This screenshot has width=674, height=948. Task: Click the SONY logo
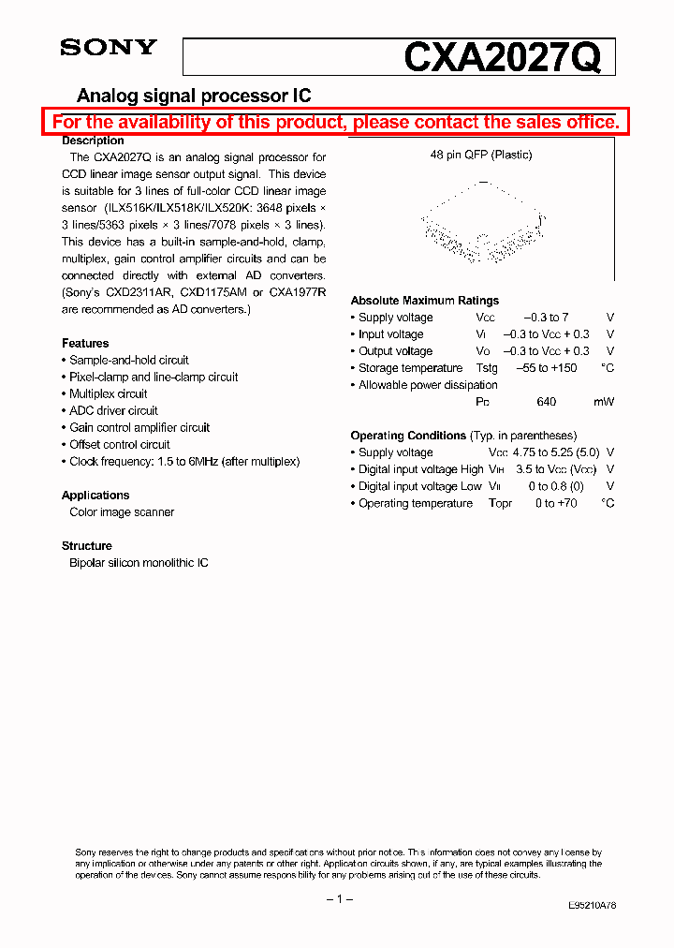click(x=109, y=48)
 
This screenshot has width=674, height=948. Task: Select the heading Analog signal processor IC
click(x=193, y=96)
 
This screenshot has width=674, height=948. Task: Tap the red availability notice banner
click(x=336, y=122)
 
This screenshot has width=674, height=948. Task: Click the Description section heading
click(x=93, y=141)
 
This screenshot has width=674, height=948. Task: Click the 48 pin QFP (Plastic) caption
click(x=481, y=156)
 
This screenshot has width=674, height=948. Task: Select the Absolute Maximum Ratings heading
click(x=424, y=301)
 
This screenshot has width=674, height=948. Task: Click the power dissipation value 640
click(x=547, y=402)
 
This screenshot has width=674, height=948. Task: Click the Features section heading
click(x=85, y=344)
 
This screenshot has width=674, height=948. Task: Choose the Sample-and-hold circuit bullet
click(x=128, y=361)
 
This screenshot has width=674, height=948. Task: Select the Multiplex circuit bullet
click(x=108, y=394)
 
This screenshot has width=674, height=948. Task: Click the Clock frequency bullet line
click(x=183, y=462)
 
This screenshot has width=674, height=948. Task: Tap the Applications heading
click(x=95, y=496)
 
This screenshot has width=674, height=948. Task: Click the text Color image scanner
click(x=122, y=512)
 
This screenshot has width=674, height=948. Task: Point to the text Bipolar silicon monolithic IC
click(x=139, y=563)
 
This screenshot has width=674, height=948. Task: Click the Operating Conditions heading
click(x=408, y=436)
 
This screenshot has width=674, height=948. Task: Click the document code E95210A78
click(x=592, y=906)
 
